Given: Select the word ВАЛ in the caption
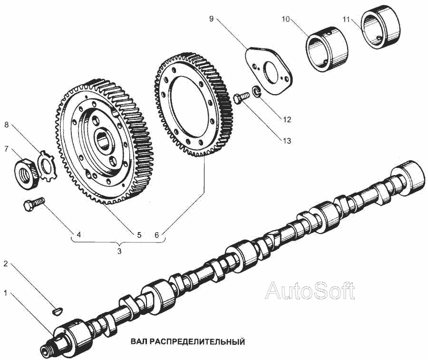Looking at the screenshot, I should pyautogui.click(x=139, y=342).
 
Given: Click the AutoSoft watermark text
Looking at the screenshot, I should pyautogui.click(x=310, y=290).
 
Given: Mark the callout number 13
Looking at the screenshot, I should pyautogui.click(x=286, y=141).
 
